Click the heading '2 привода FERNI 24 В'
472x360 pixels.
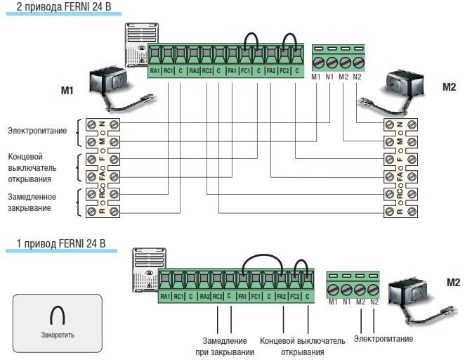pos(59,9)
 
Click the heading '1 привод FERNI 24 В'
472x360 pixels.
pos(61,244)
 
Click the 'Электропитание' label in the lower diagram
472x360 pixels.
pos(383,339)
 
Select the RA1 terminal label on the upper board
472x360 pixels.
pos(155,71)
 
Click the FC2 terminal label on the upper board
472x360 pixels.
pos(284,71)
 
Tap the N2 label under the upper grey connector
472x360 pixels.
pos(358,76)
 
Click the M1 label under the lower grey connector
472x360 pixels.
pos(333,302)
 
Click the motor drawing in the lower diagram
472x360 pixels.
pos(414,295)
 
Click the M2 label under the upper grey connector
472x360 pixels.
pos(343,76)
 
